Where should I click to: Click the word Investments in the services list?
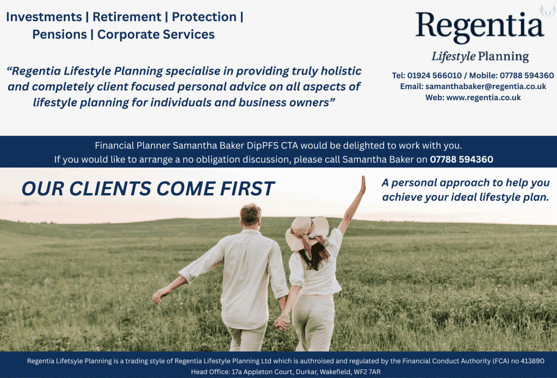tap(44, 17)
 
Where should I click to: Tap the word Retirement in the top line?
tap(127, 17)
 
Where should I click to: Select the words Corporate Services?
tap(156, 34)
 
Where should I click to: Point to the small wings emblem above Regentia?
tap(548, 11)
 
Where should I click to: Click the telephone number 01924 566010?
tap(435, 76)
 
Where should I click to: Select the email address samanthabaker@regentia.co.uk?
tap(486, 86)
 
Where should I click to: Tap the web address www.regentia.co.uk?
tap(484, 97)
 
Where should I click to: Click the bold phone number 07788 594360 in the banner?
tap(461, 159)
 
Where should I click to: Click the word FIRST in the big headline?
tap(247, 189)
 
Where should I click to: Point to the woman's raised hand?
tap(363, 185)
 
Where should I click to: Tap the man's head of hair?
tap(250, 214)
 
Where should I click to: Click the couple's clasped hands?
tap(282, 323)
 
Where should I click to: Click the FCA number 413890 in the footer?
tap(532, 361)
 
